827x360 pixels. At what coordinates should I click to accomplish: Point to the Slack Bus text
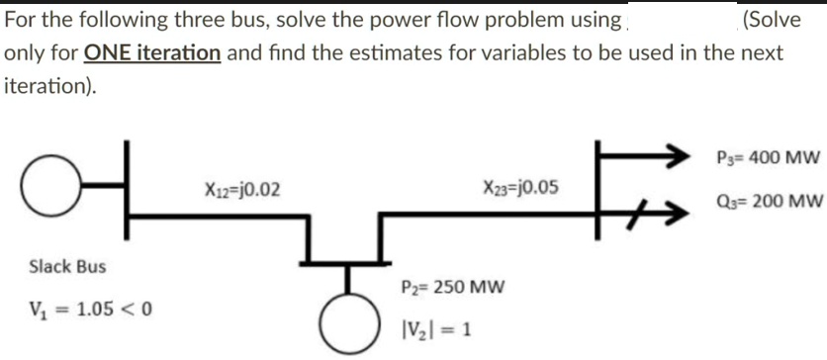[x=67, y=266]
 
